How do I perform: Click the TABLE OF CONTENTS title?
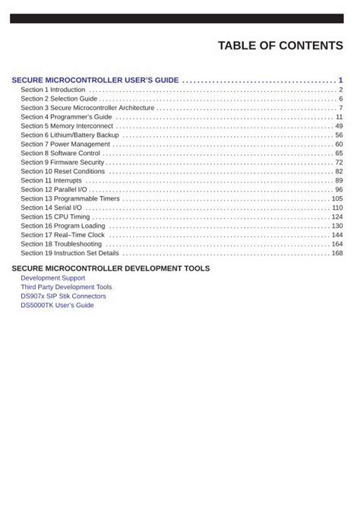(x=280, y=46)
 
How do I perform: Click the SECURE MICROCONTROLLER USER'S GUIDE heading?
(x=95, y=80)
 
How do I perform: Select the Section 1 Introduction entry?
(x=53, y=90)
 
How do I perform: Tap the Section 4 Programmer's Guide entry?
(x=66, y=117)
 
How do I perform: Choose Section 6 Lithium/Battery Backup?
(x=70, y=135)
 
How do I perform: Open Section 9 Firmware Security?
(x=62, y=163)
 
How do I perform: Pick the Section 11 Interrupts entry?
(x=52, y=181)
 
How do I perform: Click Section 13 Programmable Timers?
(x=70, y=198)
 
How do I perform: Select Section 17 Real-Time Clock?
(x=62, y=235)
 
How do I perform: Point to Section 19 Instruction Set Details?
(x=70, y=253)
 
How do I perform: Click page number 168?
(x=337, y=253)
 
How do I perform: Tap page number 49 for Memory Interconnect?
(x=339, y=126)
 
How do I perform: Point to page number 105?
(x=337, y=198)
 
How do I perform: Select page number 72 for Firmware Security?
(x=339, y=163)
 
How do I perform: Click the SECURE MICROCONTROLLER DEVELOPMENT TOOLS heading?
(x=111, y=268)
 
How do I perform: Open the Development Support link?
(x=52, y=278)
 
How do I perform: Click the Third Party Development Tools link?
(x=66, y=287)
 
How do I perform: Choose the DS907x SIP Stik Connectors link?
(x=63, y=296)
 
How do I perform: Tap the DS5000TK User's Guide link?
(x=57, y=306)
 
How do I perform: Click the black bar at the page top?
(x=180, y=18)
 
